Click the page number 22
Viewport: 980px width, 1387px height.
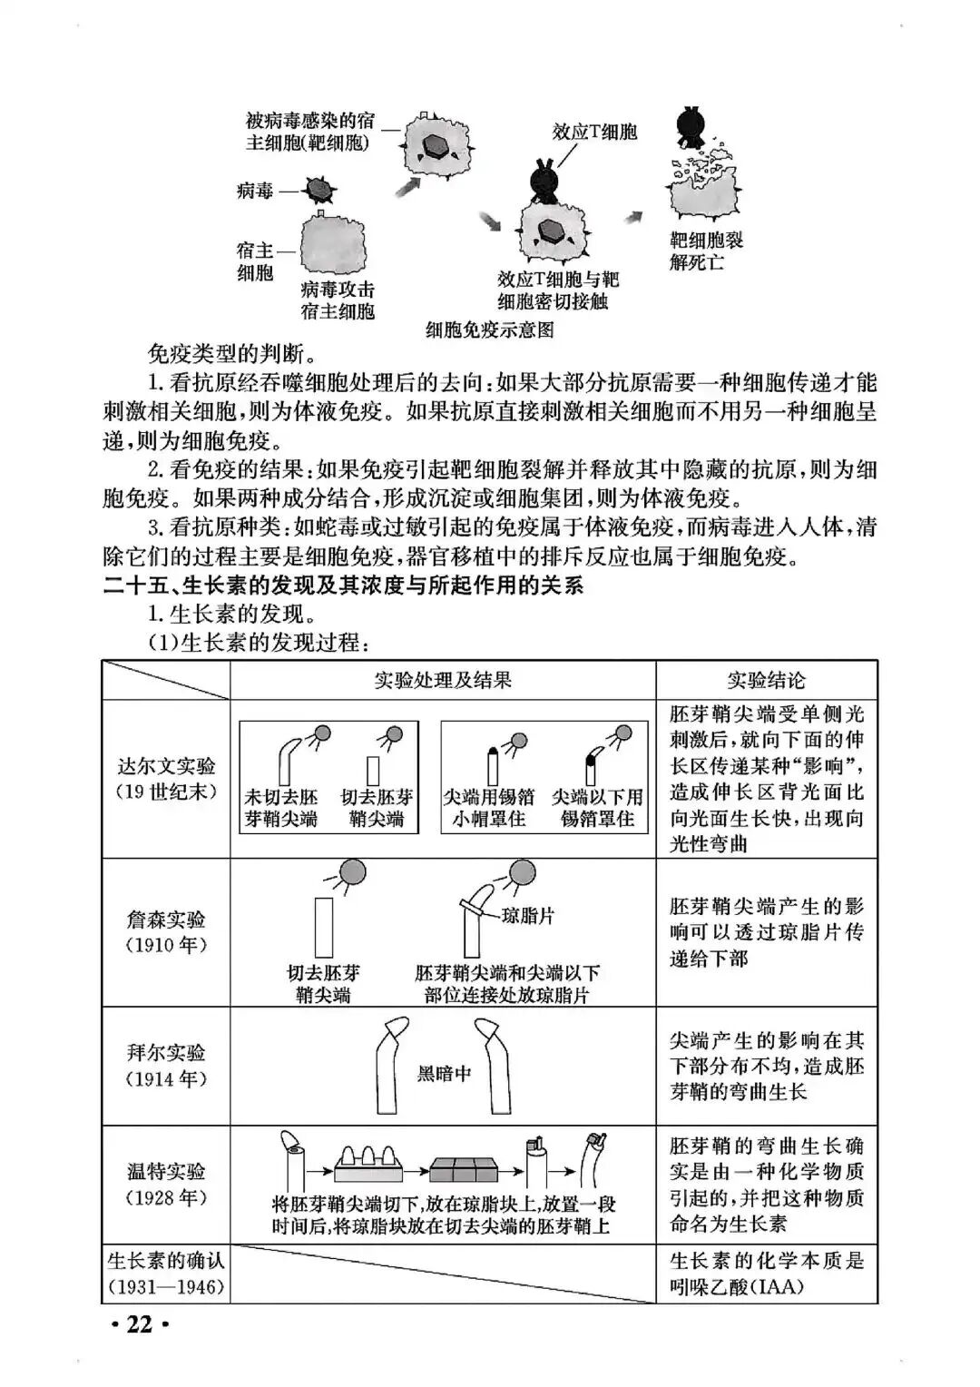click(138, 1324)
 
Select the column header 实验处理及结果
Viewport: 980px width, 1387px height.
click(443, 680)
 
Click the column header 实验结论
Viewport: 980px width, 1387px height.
click(767, 680)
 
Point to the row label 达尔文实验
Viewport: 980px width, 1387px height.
click(167, 765)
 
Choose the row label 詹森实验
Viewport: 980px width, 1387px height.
click(167, 919)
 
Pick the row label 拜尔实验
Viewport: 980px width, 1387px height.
click(167, 1053)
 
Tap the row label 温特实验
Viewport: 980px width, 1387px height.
click(167, 1171)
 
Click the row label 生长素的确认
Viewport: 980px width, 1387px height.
click(166, 1261)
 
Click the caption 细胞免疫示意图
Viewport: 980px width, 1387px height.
click(490, 330)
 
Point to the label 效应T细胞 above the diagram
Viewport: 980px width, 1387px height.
click(595, 132)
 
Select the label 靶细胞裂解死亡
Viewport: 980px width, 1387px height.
click(707, 251)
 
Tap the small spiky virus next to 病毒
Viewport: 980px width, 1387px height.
click(318, 190)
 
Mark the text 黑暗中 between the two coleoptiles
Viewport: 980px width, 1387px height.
click(444, 1073)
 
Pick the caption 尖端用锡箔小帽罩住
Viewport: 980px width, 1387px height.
click(489, 808)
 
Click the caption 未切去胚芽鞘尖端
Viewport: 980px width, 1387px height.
click(281, 808)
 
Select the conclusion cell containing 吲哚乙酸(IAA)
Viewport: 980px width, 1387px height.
click(767, 1274)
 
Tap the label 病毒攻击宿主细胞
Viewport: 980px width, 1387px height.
click(338, 300)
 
